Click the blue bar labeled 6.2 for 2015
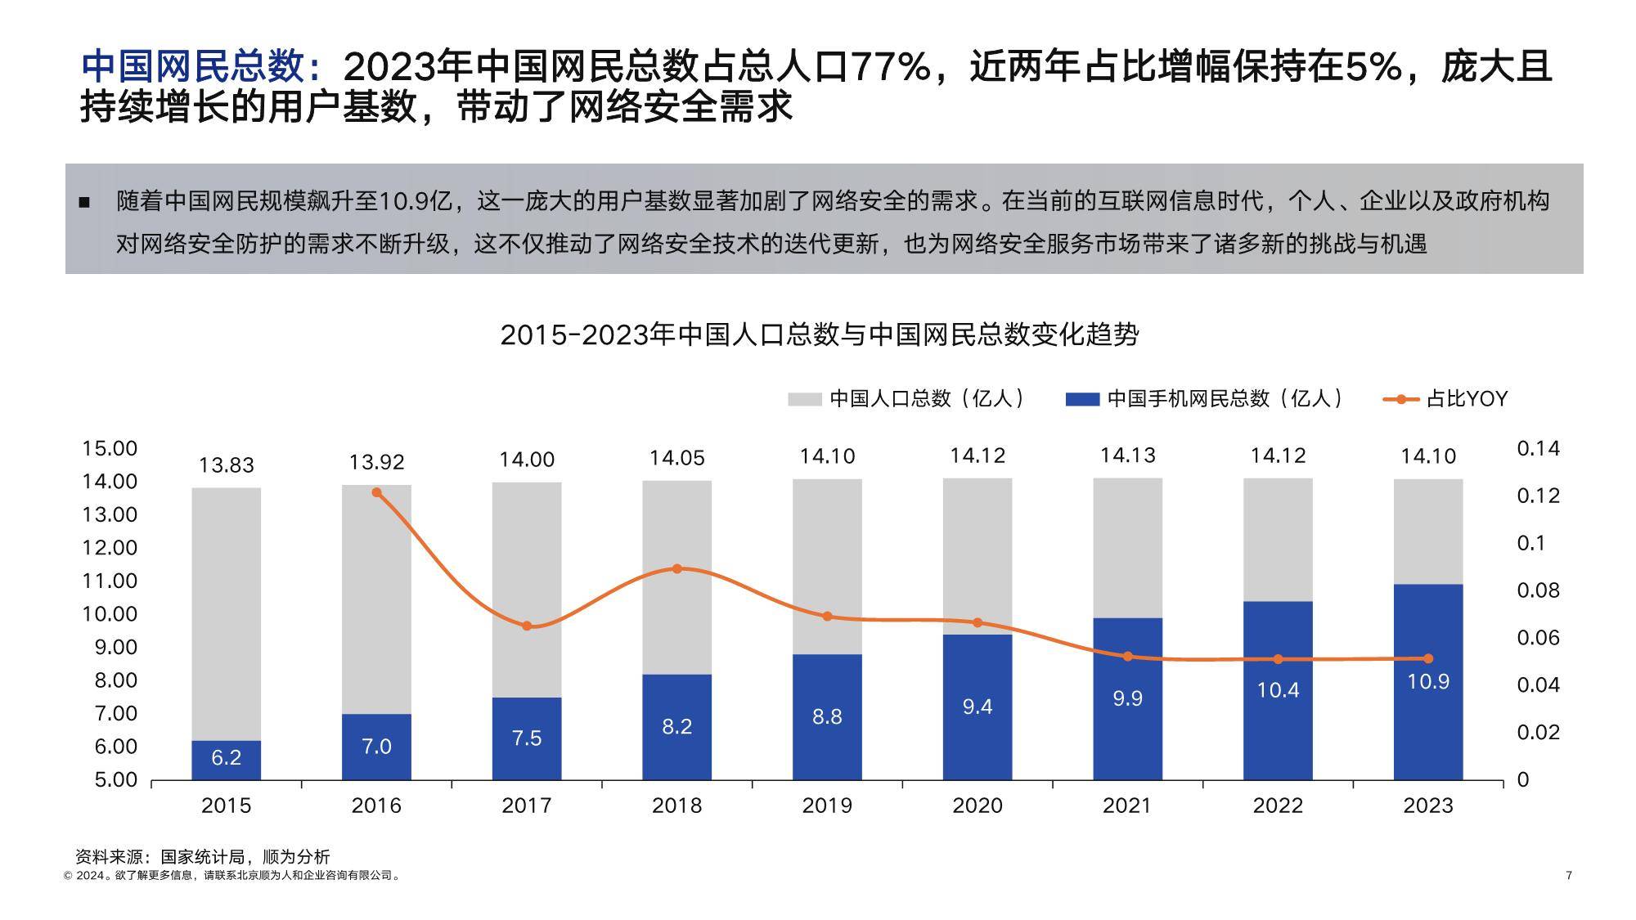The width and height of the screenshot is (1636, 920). pos(226,760)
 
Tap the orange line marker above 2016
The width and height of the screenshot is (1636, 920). pos(376,492)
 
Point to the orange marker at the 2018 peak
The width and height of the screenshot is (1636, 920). pos(676,568)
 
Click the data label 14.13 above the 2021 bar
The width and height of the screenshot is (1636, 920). pos(1127,456)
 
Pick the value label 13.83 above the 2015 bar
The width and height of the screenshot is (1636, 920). pos(227,465)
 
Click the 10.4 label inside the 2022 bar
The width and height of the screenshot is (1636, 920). pos(1278,690)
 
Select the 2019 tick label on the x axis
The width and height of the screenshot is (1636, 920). pos(827,806)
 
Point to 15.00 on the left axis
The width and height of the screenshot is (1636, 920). pos(110,448)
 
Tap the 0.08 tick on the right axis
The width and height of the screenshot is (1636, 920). pos(1538,590)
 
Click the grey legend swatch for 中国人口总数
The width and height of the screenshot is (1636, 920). pos(804,399)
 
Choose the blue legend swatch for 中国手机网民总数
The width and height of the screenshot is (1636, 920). pos(1081,399)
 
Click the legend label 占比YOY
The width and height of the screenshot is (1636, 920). pos(1466,399)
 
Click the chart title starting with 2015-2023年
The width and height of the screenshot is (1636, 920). pos(819,334)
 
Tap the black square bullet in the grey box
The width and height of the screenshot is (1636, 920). pos(84,202)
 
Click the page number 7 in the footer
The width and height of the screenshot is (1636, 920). pos(1568,876)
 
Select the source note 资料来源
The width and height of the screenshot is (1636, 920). pos(202,857)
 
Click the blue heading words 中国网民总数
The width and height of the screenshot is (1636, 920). pos(193,67)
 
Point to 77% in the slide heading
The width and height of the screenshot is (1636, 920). pos(890,67)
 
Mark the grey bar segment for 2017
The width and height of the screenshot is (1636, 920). pos(526,589)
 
